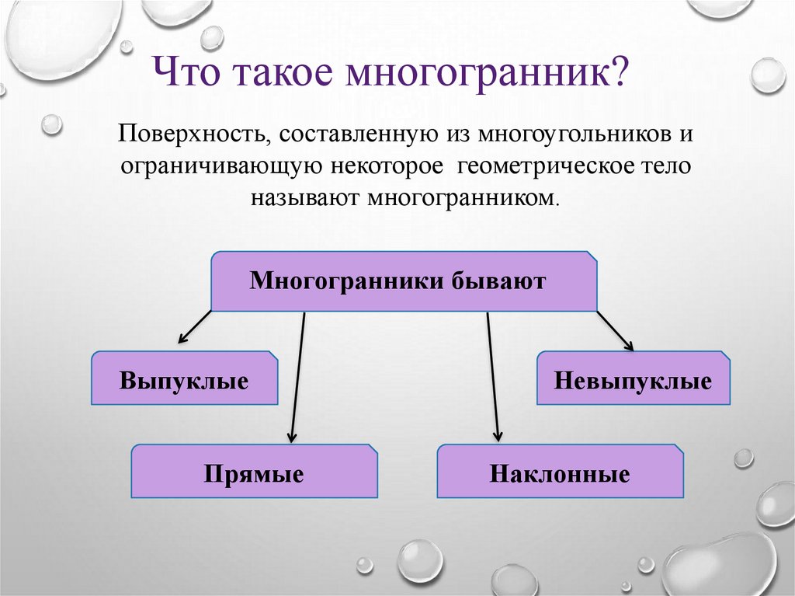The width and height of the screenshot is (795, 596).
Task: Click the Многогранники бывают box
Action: tap(404, 281)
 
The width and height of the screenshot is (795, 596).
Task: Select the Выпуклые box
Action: tap(184, 380)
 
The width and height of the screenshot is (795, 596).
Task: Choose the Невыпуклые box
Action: tap(633, 382)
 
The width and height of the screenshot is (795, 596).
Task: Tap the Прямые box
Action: tap(254, 472)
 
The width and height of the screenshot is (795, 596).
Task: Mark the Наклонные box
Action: tap(560, 473)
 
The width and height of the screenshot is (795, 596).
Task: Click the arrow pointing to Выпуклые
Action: tap(194, 327)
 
